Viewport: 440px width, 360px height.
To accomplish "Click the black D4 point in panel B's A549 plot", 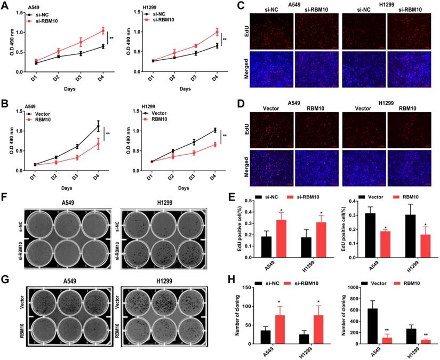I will coord(98,126).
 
